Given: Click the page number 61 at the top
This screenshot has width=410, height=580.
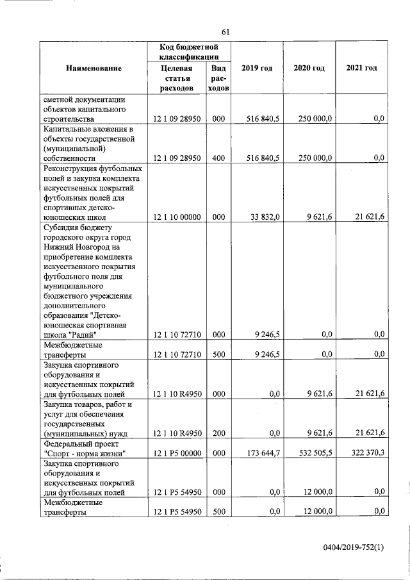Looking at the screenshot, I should tap(225, 31).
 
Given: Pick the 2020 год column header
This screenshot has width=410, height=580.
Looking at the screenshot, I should tap(309, 69).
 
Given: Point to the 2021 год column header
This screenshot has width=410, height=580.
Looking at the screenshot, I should tap(361, 69).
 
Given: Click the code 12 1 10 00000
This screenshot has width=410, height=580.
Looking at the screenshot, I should tap(177, 217).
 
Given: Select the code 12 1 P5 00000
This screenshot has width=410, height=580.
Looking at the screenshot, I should tap(177, 454).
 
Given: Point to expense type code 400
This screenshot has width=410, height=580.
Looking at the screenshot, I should tap(218, 157).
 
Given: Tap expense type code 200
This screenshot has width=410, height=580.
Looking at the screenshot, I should tap(218, 434).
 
